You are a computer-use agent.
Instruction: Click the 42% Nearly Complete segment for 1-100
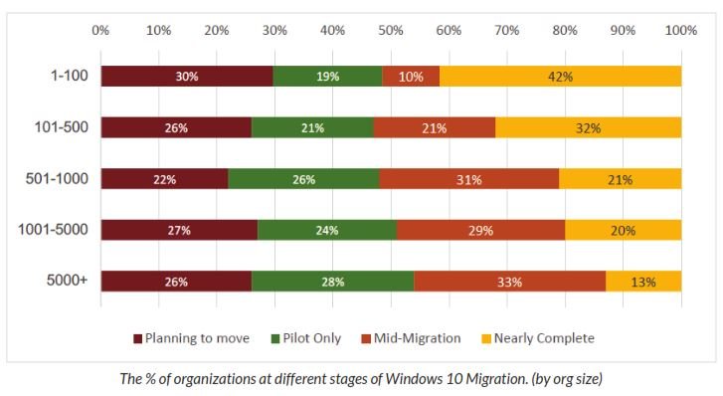[560, 77]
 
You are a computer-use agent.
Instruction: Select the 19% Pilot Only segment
[327, 77]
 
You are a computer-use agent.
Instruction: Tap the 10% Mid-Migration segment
[411, 77]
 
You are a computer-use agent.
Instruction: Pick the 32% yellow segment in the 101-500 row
[589, 127]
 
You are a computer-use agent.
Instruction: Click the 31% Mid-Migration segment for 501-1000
[469, 179]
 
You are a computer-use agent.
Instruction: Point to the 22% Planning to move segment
[165, 179]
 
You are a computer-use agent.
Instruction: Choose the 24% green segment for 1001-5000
[327, 230]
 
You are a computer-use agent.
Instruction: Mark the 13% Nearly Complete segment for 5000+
[643, 281]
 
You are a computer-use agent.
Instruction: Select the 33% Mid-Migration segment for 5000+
[510, 281]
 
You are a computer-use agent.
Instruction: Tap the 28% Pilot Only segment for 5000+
[333, 281]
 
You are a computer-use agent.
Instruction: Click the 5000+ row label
[67, 281]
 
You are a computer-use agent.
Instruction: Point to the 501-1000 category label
[57, 178]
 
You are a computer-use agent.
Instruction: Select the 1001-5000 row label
[53, 229]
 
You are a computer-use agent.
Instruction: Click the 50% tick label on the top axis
[391, 31]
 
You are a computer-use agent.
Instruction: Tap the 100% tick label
[680, 31]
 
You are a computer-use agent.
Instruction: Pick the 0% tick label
[100, 31]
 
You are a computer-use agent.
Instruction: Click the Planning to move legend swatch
[137, 338]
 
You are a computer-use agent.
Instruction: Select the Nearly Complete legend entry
[538, 338]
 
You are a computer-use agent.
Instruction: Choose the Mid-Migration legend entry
[412, 338]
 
